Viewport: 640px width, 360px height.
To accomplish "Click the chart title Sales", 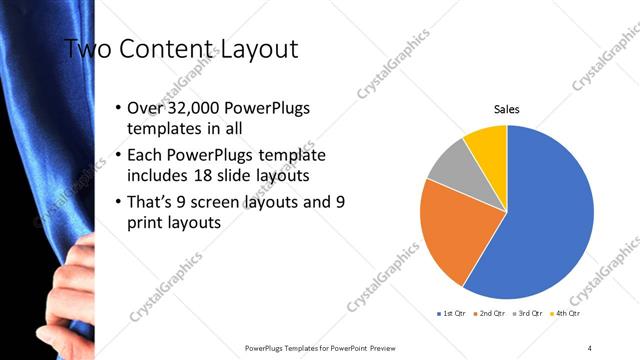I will pyautogui.click(x=507, y=109).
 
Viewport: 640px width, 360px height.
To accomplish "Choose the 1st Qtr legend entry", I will pyautogui.click(x=454, y=313).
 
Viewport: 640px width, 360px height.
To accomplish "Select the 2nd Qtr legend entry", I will pyautogui.click(x=490, y=313).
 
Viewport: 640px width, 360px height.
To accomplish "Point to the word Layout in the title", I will pyautogui.click(x=259, y=48).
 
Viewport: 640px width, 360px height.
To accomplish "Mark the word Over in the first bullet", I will pyautogui.click(x=145, y=108).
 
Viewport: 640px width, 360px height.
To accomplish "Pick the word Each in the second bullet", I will pyautogui.click(x=146, y=156).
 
